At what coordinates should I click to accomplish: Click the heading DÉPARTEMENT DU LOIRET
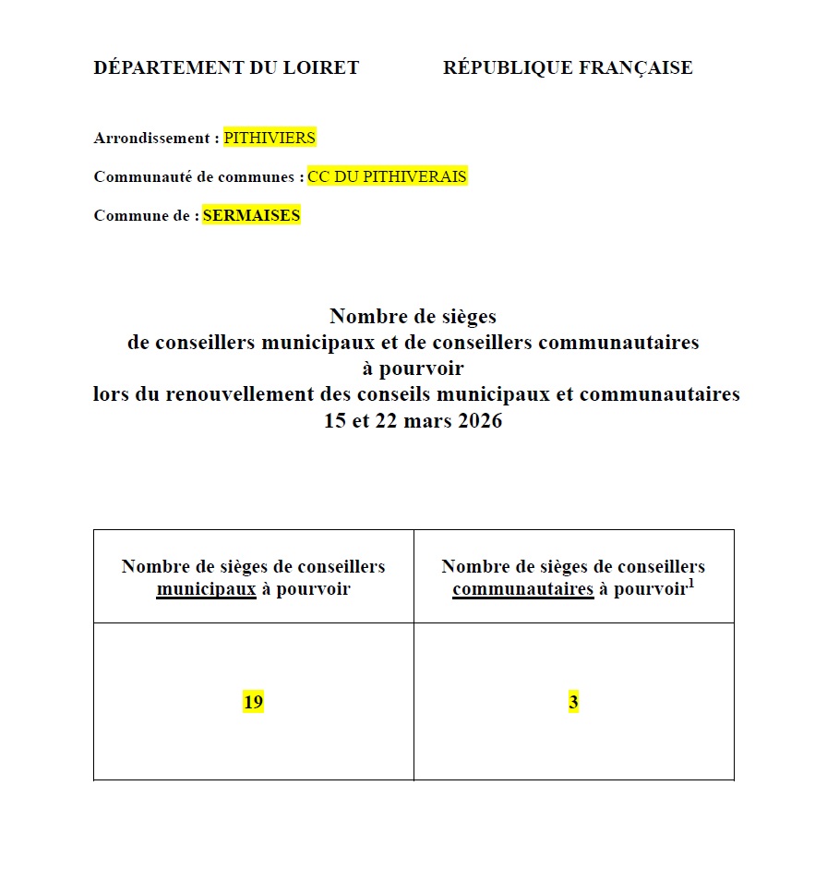226,67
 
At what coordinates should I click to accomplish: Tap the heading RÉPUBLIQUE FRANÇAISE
568,67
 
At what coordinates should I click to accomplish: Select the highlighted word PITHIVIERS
270,138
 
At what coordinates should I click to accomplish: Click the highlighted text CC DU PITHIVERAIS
388,176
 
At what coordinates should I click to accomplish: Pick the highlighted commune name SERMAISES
251,215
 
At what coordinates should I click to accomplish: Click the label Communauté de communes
197,176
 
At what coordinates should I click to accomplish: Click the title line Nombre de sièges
413,316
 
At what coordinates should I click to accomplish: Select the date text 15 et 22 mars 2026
413,421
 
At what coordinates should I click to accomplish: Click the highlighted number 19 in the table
253,702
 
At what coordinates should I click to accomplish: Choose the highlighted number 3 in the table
573,702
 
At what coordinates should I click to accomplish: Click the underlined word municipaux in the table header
206,588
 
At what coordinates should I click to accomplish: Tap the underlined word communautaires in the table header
522,588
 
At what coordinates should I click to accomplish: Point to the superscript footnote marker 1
690,582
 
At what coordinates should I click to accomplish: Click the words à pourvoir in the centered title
413,369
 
